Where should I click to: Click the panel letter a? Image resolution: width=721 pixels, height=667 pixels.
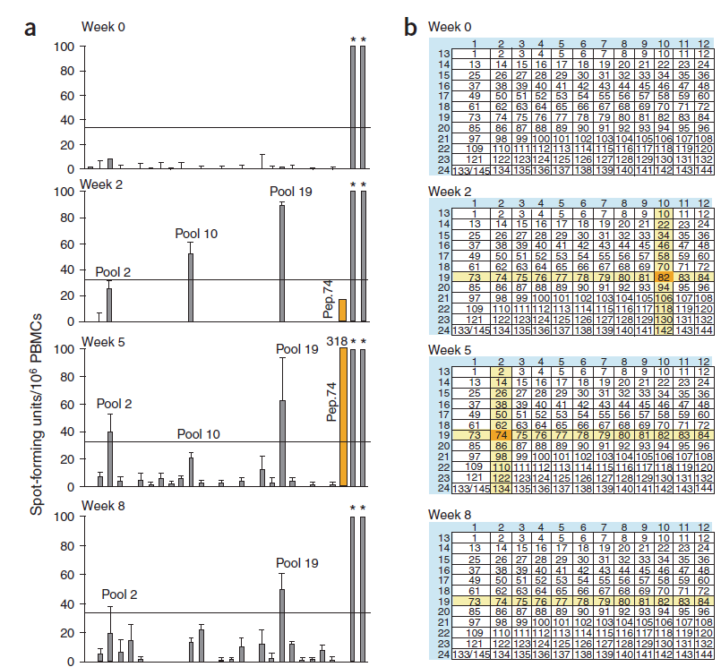pos(30,27)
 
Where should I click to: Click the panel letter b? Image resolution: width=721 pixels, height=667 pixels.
pos(410,27)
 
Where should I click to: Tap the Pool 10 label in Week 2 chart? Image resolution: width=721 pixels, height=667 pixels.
pos(196,234)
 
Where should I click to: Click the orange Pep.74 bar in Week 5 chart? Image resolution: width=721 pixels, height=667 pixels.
pos(342,416)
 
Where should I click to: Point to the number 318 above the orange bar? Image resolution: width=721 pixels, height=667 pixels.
pos(337,340)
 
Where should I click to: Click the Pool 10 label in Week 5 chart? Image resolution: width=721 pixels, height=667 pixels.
pos(201,434)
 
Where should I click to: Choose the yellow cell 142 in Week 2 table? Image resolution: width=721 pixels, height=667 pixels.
pos(664,330)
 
